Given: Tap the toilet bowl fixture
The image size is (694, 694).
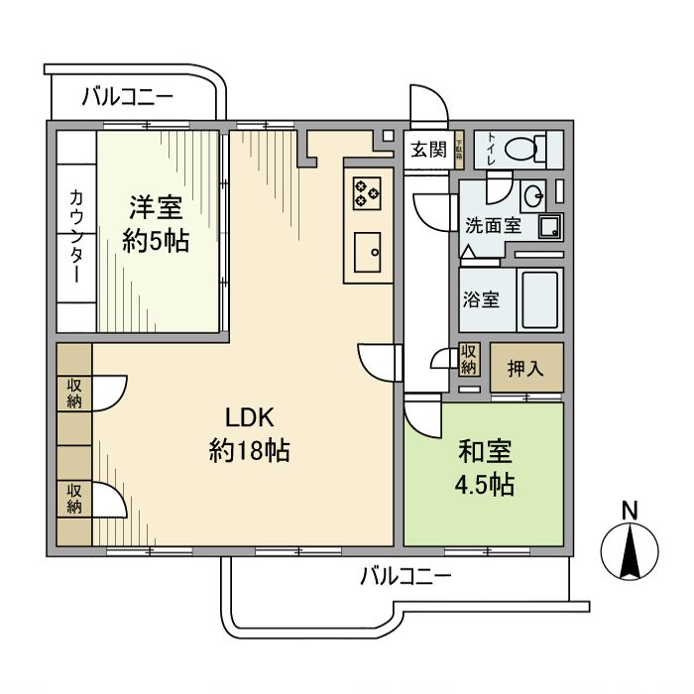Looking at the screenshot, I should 520,150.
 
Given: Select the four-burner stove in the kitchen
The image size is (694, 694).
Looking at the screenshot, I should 365,191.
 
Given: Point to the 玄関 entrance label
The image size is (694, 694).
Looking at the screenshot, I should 429,150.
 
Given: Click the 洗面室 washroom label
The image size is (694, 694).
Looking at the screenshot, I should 493,225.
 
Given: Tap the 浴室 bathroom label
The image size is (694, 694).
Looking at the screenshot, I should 482,299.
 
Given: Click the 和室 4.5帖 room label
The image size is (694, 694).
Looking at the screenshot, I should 485,469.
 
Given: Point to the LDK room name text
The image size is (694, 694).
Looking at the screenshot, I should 248,416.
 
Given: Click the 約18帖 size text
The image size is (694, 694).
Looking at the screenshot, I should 249,452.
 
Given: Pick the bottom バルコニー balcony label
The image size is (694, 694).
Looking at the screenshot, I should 405,576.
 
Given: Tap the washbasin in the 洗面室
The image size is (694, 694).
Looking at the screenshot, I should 533,192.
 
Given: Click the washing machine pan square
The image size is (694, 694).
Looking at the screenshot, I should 549,227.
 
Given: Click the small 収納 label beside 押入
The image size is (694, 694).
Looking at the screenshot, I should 469,359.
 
